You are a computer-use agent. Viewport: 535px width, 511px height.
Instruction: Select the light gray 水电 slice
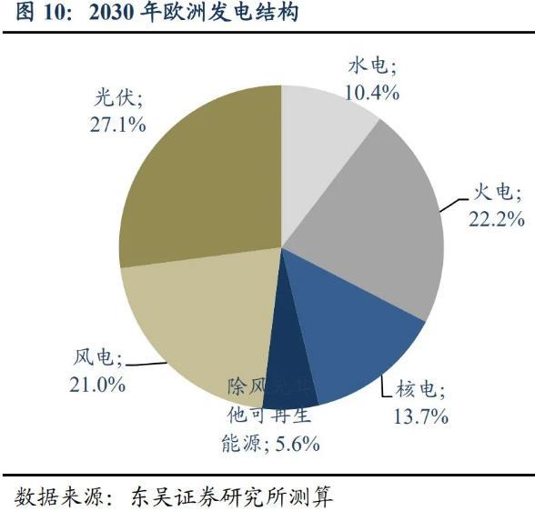[323, 136]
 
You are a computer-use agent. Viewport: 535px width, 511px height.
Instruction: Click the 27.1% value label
[118, 124]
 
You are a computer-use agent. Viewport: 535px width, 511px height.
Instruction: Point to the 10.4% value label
[372, 92]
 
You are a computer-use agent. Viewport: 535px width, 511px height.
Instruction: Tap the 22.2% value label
[496, 218]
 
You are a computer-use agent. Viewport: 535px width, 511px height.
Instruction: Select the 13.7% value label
[420, 416]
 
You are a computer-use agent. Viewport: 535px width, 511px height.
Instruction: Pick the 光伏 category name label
[118, 98]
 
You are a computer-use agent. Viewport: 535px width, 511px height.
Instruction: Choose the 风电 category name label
[96, 358]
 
